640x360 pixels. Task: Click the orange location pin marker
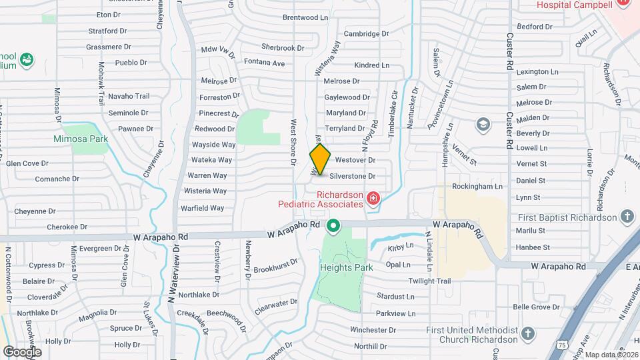coord(320,159)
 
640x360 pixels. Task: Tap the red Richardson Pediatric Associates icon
coord(373,198)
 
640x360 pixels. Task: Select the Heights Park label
coord(345,267)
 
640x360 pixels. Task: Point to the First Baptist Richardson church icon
coord(626,216)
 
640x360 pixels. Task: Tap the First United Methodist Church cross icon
coord(527,333)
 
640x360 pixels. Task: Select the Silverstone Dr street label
coord(353,176)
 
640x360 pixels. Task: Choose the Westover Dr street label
coord(355,160)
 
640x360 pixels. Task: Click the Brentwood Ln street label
coord(306,17)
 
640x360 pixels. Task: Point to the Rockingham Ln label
coord(477,187)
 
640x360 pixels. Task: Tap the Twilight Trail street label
coord(430,281)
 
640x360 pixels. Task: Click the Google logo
coord(22,351)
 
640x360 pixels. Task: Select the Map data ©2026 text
coord(611,355)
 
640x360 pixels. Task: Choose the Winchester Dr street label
coord(373,330)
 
